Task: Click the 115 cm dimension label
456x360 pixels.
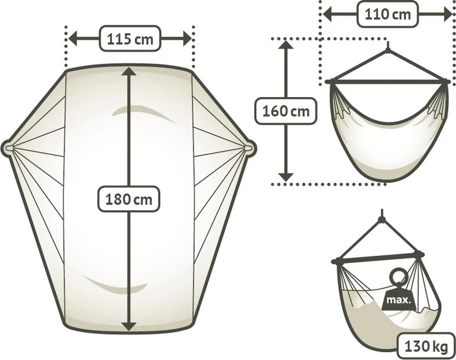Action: click(x=130, y=38)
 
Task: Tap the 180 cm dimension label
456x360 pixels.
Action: click(x=128, y=199)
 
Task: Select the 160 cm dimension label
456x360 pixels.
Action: click(x=285, y=111)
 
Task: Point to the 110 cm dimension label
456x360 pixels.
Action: click(x=388, y=14)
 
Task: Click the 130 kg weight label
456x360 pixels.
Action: click(x=426, y=346)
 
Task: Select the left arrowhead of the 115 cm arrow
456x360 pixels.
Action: click(x=73, y=38)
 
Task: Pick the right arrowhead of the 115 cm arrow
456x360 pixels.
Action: click(x=188, y=38)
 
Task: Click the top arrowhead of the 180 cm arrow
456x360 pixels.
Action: click(x=128, y=71)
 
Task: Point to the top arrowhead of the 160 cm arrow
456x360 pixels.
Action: click(x=286, y=45)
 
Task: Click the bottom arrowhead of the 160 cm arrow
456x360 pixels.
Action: click(x=286, y=176)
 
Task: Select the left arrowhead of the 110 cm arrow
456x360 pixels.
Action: click(x=328, y=14)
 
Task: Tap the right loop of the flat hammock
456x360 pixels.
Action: click(x=249, y=148)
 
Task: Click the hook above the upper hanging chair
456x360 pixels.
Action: click(x=388, y=46)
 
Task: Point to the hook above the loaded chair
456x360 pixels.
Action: click(x=382, y=215)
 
